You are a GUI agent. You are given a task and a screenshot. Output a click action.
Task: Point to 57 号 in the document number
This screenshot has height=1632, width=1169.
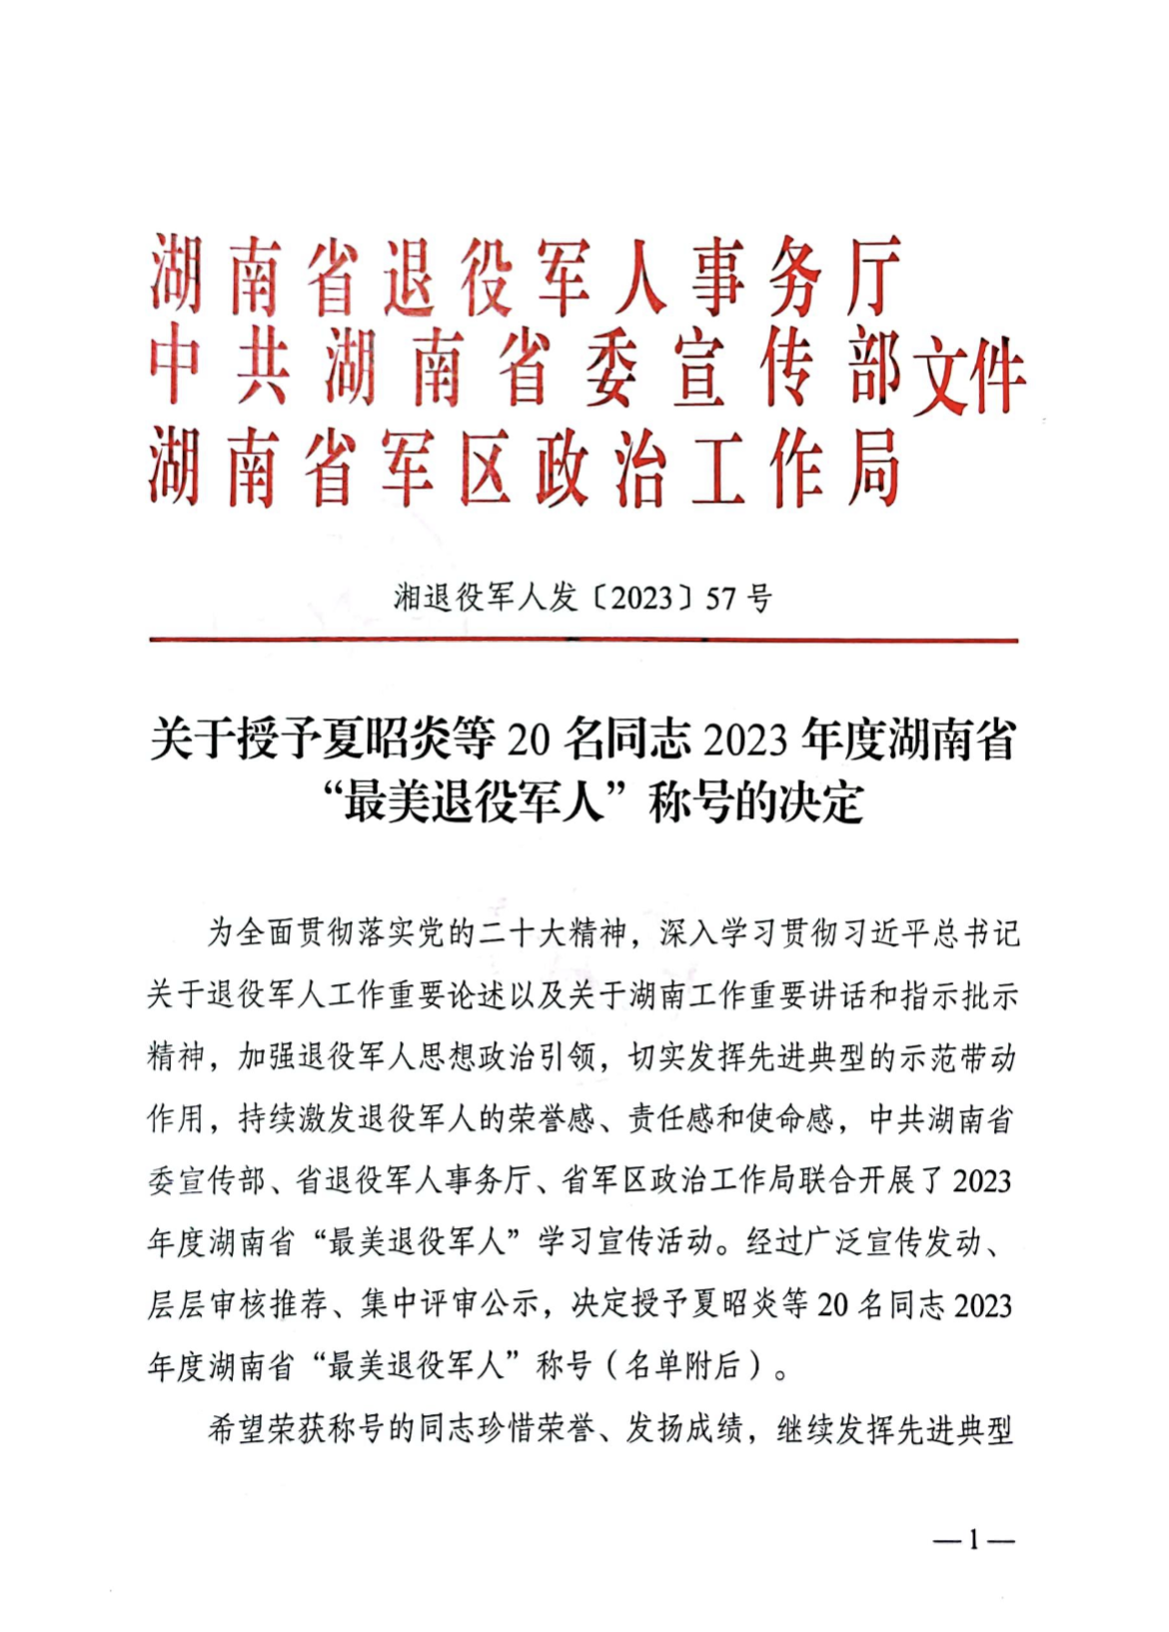[738, 599]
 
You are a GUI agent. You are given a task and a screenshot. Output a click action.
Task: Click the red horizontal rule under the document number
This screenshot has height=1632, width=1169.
[584, 640]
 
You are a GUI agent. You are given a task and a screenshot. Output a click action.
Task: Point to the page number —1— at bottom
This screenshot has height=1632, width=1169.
[973, 1540]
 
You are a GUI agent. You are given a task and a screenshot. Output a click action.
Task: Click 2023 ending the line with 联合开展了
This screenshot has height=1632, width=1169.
[982, 1181]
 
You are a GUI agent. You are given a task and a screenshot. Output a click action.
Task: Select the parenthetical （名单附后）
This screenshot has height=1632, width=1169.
[683, 1366]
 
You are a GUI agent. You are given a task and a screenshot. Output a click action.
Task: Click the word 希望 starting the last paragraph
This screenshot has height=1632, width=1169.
[237, 1429]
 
